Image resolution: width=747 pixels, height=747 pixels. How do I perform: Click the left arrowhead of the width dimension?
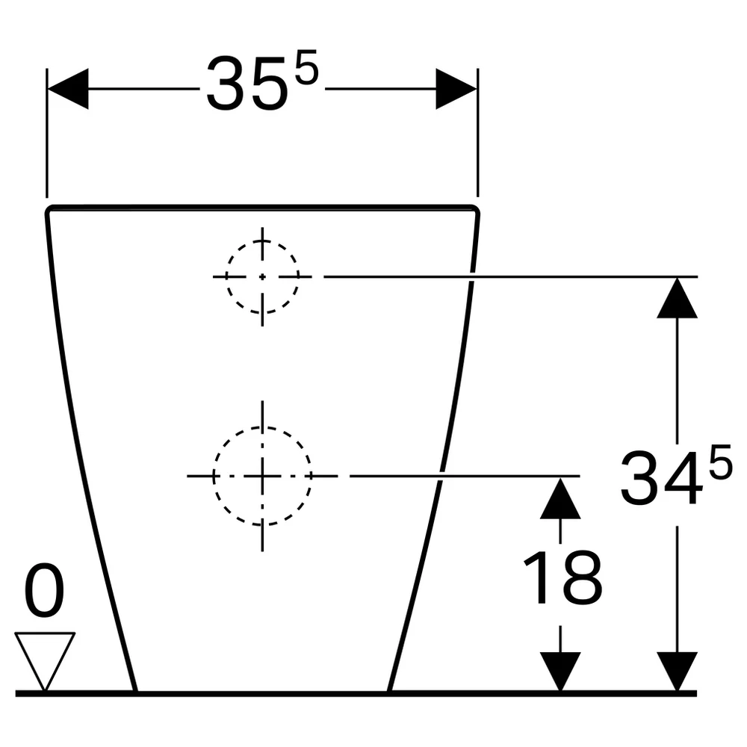coord(68,89)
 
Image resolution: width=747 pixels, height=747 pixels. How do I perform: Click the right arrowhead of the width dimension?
coord(456,89)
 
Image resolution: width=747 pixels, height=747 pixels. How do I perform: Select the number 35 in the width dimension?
coord(247,84)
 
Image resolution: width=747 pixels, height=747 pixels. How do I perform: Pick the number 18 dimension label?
coord(562,578)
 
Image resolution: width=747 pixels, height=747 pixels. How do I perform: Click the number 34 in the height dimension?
coord(662,478)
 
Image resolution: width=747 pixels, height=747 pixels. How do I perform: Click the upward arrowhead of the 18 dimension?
coord(560,498)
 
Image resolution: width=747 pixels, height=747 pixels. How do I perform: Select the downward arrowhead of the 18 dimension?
coord(560,672)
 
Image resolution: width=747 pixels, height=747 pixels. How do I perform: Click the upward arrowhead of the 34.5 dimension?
coord(677,298)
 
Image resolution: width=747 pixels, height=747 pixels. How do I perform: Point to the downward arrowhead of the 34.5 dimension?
coord(677,672)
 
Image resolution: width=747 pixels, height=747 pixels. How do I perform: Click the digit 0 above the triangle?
coord(44,590)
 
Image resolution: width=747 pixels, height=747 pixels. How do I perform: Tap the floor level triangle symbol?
coord(45,661)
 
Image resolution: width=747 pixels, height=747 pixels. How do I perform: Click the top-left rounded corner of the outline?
coord(49,210)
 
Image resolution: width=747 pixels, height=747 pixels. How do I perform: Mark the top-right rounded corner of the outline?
coord(475,210)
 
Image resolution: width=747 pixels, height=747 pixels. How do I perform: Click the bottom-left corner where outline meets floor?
coord(135,690)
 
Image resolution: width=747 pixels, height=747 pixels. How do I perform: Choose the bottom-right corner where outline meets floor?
coord(389,690)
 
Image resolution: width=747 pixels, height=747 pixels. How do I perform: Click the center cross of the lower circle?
coord(262,476)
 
